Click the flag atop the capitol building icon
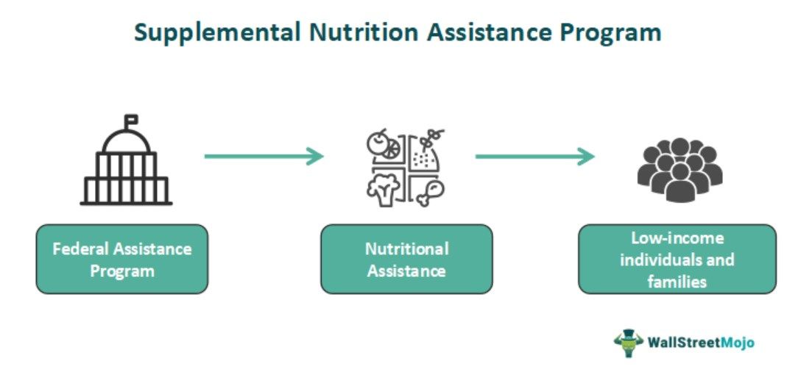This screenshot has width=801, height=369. coord(132,118)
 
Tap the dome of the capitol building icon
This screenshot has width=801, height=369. coord(127,141)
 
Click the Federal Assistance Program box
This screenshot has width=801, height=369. coord(122,259)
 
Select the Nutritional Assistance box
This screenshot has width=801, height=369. coord(406,259)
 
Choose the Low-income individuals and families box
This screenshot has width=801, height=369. coord(677,259)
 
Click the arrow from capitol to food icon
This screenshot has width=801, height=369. coord(264,156)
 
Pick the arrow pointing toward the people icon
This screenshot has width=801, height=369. coord(534,156)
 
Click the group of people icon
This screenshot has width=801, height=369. coord(679,168)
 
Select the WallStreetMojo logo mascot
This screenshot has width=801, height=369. coord(629,343)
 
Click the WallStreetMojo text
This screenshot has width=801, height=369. coord(700,343)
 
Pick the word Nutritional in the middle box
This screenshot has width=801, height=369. coord(406,248)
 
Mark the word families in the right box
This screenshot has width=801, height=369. coord(677,281)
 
